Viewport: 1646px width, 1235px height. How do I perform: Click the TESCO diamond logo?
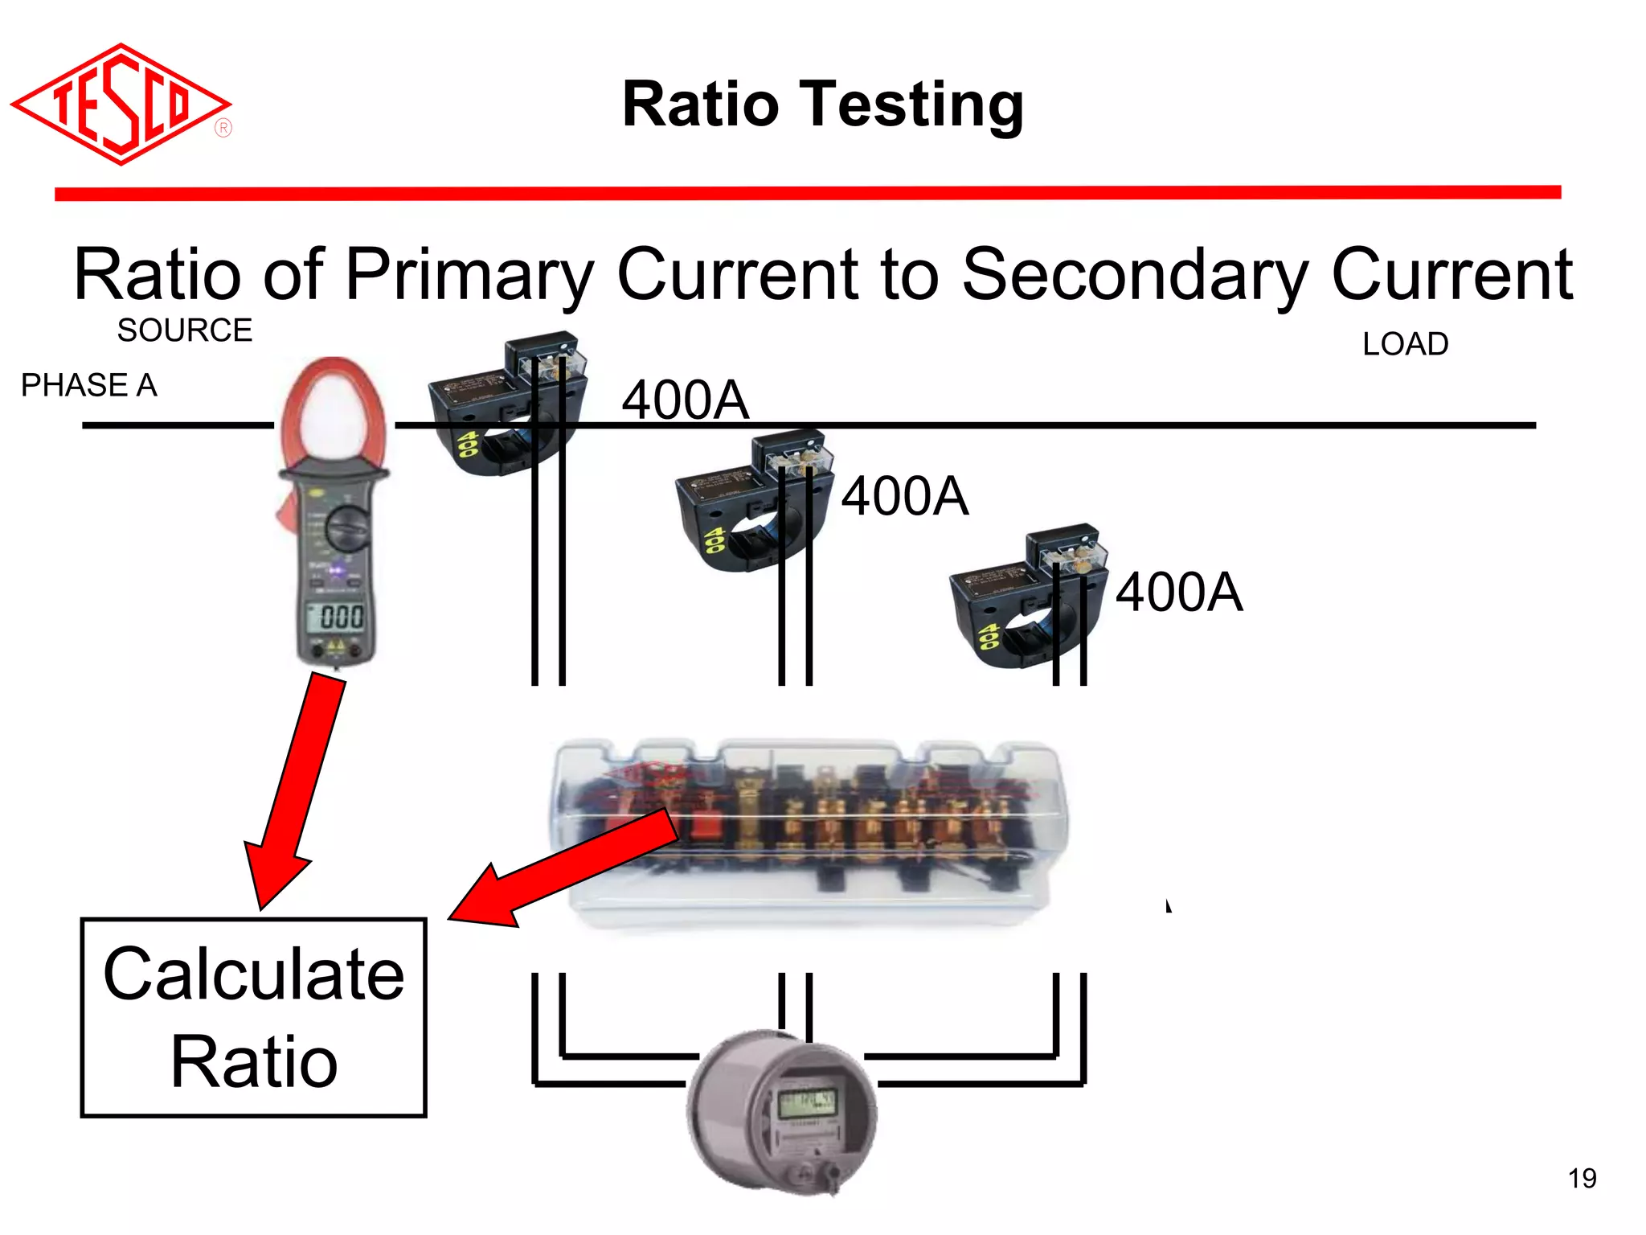[x=121, y=105]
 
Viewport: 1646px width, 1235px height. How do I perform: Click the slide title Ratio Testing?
[x=822, y=105]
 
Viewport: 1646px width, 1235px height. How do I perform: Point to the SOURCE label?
[x=184, y=330]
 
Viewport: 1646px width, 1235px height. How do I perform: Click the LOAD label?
[x=1405, y=344]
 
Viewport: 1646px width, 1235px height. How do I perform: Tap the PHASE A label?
[x=88, y=385]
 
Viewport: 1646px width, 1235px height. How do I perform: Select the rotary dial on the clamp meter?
[x=347, y=527]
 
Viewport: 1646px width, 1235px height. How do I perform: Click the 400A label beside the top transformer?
[x=685, y=400]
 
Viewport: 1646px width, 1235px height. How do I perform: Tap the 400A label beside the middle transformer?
[x=904, y=496]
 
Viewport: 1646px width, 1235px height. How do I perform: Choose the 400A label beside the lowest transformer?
[x=1178, y=593]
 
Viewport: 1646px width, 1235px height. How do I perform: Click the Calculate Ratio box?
[x=253, y=1017]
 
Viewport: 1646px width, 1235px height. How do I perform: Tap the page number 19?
[x=1582, y=1179]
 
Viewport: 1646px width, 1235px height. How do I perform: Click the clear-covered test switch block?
[x=812, y=832]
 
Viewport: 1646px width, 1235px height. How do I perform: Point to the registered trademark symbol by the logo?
[x=223, y=128]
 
